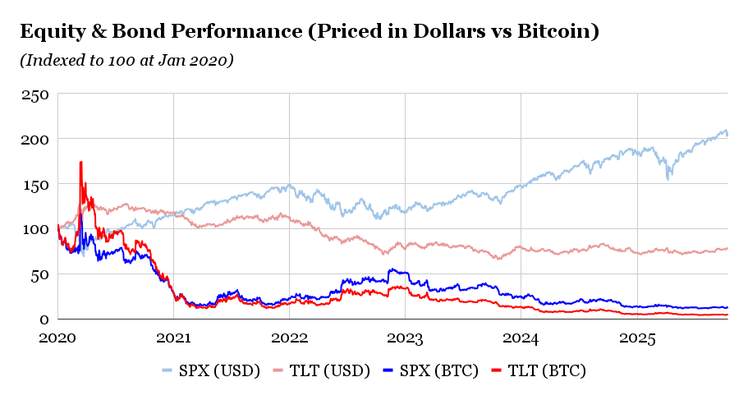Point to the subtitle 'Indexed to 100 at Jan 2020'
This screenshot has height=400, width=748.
coord(126,60)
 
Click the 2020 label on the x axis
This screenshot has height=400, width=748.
coord(57,337)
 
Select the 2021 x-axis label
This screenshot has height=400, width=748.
coord(173,337)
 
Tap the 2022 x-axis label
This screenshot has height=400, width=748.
coord(289,337)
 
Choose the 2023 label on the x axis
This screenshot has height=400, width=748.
coord(405,337)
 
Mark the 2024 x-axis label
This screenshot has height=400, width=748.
coord(521,337)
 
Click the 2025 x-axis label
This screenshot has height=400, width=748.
coord(636,337)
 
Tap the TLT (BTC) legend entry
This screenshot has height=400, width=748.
coord(549,371)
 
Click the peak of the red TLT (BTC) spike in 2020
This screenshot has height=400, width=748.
coord(80,162)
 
